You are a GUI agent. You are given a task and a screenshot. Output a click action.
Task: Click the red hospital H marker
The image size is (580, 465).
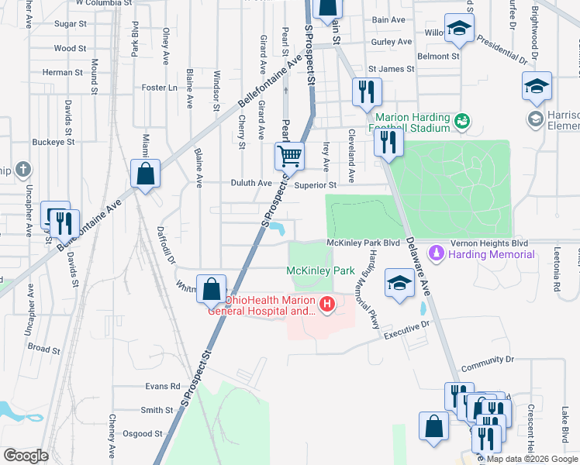pos(327,303)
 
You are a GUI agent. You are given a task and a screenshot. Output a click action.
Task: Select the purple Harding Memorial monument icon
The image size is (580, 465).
pos(437,253)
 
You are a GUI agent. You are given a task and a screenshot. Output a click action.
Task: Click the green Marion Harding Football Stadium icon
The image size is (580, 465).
pos(463,120)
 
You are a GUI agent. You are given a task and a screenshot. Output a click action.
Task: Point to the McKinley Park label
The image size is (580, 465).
pos(320,270)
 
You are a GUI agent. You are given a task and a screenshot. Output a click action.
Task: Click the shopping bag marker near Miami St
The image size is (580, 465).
pos(145,174)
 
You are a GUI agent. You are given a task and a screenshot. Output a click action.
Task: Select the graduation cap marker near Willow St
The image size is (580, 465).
pos(459,29)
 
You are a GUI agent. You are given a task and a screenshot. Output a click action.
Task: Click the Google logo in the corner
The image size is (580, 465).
pos(26,455)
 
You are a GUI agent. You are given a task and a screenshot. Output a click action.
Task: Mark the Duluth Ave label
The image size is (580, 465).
pos(251,184)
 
